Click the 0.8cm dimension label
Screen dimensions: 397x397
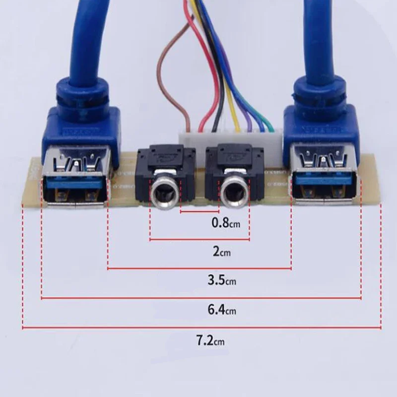tap(226, 223)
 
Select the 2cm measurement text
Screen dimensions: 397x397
tap(222, 252)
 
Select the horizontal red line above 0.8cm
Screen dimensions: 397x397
tap(200, 212)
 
